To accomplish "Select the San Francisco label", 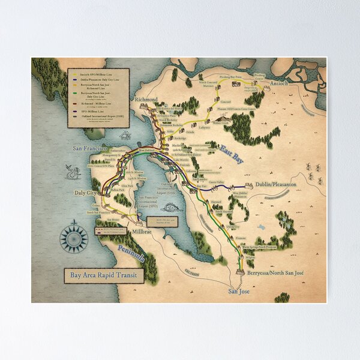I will (89, 148).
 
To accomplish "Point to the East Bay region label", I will (232, 149).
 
